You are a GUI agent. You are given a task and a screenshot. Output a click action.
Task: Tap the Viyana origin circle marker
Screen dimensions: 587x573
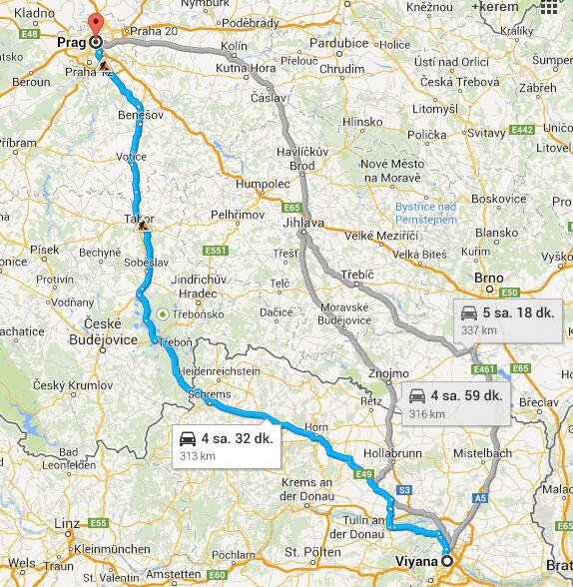coord(447,561)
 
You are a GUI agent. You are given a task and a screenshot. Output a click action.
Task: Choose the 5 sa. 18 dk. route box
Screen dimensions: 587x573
coord(505,318)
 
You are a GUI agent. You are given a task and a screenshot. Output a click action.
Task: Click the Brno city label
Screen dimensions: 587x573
coord(489,278)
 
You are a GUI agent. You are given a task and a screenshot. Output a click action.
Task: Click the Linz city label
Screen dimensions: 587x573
coord(67,523)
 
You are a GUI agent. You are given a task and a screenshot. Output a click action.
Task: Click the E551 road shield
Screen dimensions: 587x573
coord(216,250)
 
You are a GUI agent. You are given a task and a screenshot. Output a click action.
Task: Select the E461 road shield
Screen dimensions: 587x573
coord(485,369)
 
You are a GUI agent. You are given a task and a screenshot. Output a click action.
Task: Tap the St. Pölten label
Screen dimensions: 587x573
coord(306,551)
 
